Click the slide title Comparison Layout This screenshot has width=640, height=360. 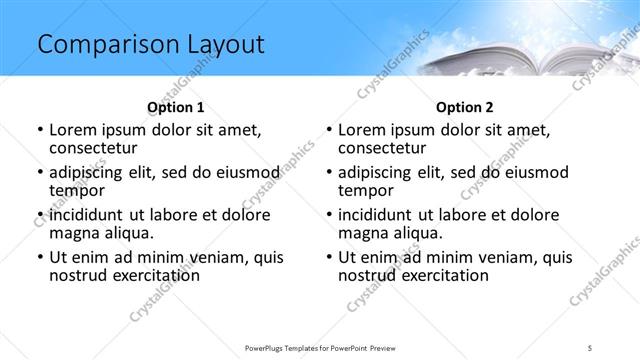coord(151,44)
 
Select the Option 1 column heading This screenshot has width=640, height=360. coord(175,106)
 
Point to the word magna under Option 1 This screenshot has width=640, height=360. coord(76,233)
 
